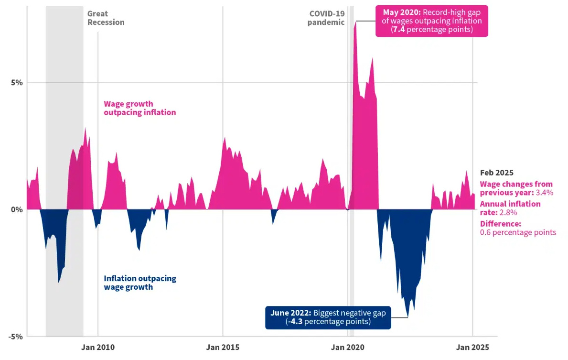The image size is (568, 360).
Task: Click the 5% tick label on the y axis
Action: (x=17, y=82)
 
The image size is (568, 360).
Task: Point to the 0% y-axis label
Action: (x=17, y=209)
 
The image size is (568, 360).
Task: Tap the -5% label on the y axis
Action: (x=16, y=336)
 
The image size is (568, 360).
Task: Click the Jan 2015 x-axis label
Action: (x=223, y=348)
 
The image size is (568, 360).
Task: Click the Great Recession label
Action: (x=106, y=18)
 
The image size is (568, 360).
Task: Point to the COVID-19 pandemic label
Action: (x=327, y=18)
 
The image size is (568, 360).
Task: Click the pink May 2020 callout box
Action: (x=432, y=21)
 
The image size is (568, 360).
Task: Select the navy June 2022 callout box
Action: (x=328, y=317)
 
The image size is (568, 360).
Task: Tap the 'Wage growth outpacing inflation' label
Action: (x=139, y=108)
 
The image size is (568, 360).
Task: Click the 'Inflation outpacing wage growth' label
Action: (x=140, y=283)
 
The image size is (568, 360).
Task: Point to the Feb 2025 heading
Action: (x=496, y=173)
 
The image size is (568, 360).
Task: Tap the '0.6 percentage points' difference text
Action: (x=518, y=232)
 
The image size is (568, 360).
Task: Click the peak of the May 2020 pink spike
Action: (x=355, y=22)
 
